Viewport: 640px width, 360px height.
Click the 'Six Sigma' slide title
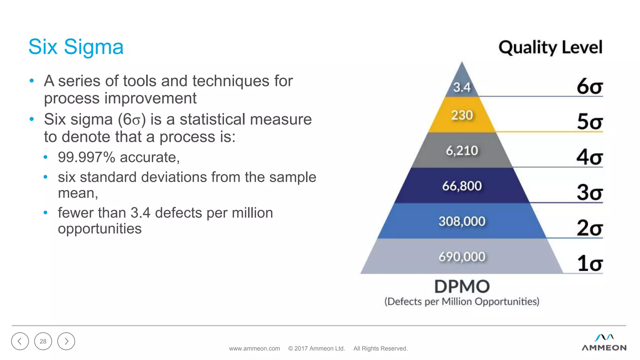click(x=76, y=47)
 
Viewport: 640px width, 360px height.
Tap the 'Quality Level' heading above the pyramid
click(x=550, y=47)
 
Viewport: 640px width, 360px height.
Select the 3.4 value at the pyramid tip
click(x=462, y=87)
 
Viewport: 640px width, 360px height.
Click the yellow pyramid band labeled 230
click(x=462, y=115)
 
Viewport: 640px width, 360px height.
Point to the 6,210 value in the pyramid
click(x=462, y=151)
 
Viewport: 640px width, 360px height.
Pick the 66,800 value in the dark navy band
click(x=462, y=186)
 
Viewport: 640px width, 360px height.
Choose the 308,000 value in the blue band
click(x=462, y=221)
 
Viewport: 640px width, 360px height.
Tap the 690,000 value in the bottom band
click(x=462, y=257)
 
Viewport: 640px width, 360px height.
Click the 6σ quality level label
click(x=589, y=86)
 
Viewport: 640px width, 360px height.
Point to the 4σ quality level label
click(x=589, y=157)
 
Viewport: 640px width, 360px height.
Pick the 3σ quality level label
click(x=589, y=192)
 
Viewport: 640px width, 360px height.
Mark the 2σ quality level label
click(x=589, y=228)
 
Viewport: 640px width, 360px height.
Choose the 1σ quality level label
click(x=589, y=263)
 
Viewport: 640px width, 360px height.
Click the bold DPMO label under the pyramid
click(x=462, y=286)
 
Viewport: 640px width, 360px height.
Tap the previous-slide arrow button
click(x=20, y=341)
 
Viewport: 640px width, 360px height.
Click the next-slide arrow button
click(x=66, y=341)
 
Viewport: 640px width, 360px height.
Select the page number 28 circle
click(x=43, y=341)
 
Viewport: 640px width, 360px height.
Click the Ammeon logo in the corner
click(x=604, y=343)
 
